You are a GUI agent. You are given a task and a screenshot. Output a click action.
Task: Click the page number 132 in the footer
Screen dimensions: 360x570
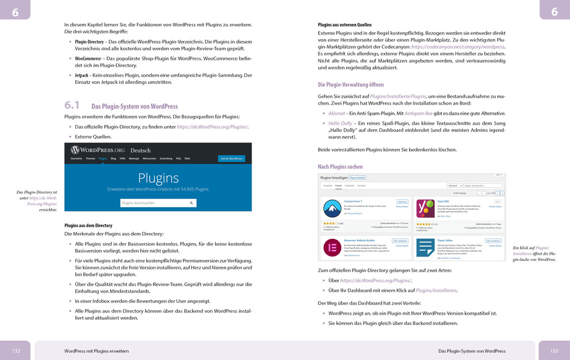pos(16,350)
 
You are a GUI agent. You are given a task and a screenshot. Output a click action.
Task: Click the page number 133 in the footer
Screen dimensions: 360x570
pos(554,350)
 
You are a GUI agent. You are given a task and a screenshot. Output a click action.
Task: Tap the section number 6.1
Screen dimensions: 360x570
pos(73,105)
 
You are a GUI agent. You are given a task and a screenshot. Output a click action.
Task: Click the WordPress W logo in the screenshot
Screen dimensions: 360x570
pos(75,150)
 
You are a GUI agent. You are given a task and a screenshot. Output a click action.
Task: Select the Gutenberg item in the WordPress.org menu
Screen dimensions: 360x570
pos(165,159)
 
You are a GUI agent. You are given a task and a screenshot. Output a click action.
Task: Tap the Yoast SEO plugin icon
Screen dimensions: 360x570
pos(426,209)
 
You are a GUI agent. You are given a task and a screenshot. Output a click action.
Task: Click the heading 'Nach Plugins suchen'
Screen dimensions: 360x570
pos(340,167)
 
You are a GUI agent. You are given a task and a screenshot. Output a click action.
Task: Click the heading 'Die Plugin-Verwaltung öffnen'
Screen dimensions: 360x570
pos(350,85)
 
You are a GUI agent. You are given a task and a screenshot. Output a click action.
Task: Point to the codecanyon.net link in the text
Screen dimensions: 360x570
pos(458,47)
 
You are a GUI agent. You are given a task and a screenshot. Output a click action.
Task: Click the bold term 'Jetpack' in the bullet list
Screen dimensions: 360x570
pos(82,75)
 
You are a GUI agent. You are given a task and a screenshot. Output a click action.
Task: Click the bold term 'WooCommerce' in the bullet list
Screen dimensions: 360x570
pos(88,58)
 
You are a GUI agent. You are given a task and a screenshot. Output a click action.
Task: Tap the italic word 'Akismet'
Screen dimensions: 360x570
pos(336,113)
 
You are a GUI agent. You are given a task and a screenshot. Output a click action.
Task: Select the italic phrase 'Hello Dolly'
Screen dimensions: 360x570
pos(340,123)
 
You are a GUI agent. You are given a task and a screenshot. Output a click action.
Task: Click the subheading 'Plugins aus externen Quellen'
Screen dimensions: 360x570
pos(344,25)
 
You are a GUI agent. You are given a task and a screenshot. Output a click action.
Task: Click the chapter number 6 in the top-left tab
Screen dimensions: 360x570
pos(15,12)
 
